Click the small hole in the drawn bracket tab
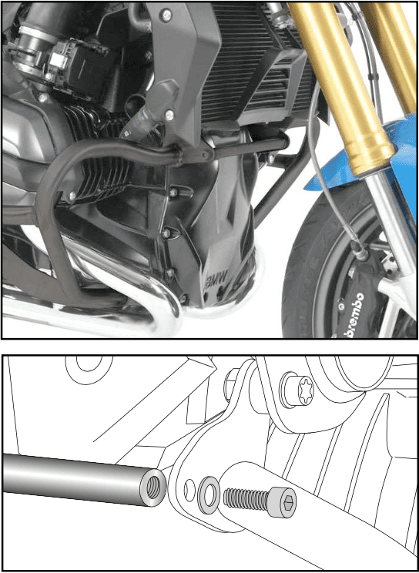186,486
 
